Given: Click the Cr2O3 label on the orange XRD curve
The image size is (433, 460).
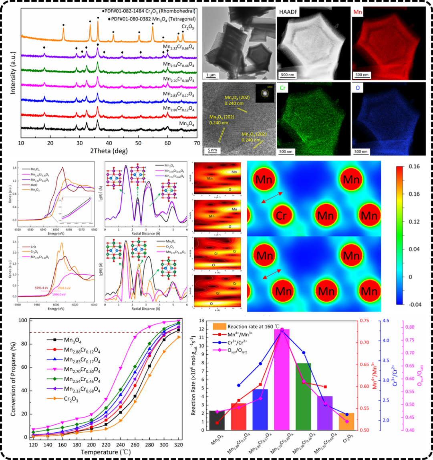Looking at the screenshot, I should click(x=187, y=28).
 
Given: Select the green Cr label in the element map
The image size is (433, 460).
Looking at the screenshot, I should click(x=283, y=88).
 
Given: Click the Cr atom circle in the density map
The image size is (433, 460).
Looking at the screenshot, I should click(x=281, y=216).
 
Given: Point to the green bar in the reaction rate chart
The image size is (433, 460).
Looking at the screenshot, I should click(x=303, y=396).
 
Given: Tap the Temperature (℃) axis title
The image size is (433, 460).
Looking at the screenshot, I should click(x=109, y=453).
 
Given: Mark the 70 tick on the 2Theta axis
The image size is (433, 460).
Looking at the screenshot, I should click(x=196, y=143).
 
